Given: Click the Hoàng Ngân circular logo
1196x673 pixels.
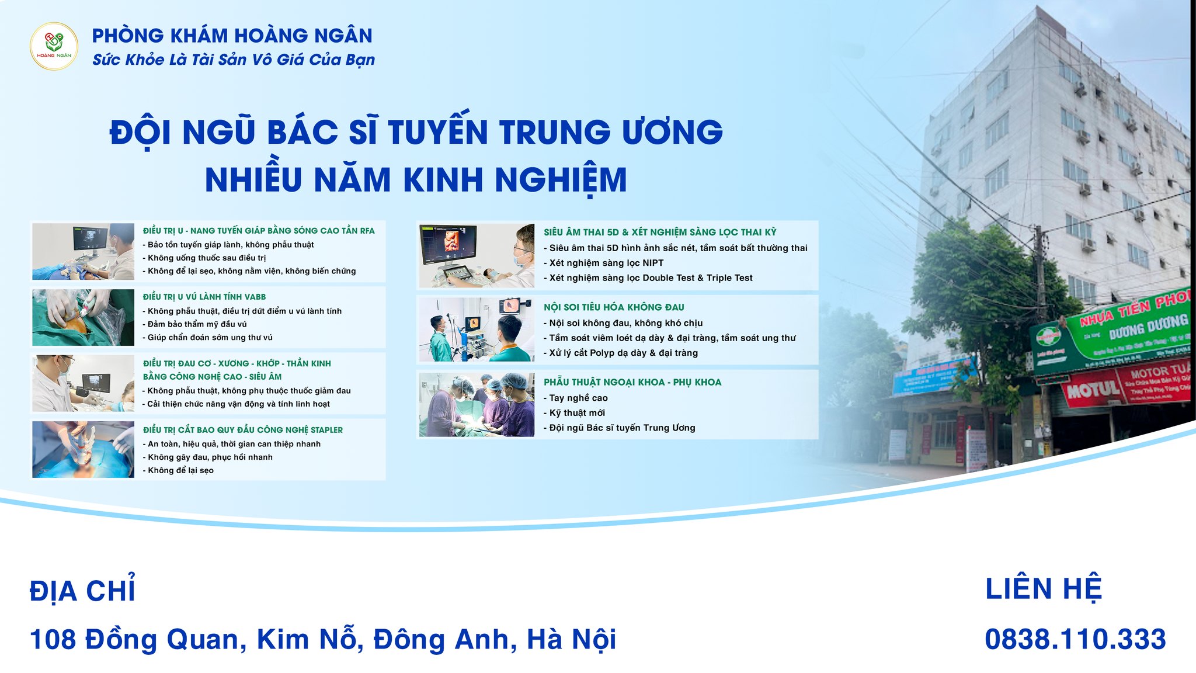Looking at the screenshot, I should [54, 46].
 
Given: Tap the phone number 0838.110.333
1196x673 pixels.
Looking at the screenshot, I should [1075, 639].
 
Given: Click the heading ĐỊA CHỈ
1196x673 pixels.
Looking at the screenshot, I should [82, 591].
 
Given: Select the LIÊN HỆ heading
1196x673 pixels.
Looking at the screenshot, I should [1043, 588].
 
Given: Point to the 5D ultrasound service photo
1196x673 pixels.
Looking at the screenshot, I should [476, 255].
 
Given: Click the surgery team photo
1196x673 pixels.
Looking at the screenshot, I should [476, 405].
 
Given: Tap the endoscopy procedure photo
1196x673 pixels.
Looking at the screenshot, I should [476, 330].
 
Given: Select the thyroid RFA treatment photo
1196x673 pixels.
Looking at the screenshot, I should [83, 252].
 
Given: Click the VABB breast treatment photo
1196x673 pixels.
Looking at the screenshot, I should [83, 318].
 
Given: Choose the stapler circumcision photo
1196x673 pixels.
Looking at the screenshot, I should [83, 449].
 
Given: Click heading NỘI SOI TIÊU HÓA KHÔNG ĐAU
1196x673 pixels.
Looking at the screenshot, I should [613, 307].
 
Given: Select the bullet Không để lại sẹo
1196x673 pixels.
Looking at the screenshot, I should [180, 470].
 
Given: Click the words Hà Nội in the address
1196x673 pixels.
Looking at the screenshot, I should [571, 639].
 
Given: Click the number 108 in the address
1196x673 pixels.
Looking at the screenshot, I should [53, 639].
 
